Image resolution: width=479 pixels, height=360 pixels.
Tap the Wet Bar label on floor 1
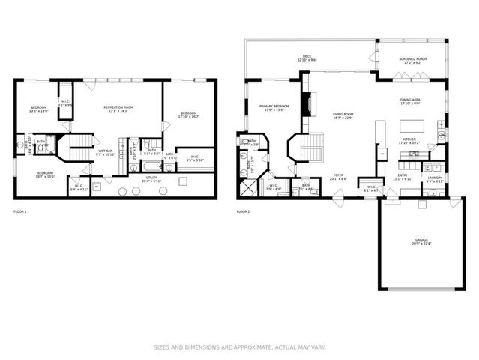(105, 152)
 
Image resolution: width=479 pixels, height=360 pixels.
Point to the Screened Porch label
(412, 61)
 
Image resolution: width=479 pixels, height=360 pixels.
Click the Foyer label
(338, 178)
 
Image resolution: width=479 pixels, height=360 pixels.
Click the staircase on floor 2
(315, 146)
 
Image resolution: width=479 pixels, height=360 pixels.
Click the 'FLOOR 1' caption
(20, 212)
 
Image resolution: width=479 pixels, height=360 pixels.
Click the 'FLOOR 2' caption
(243, 212)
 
